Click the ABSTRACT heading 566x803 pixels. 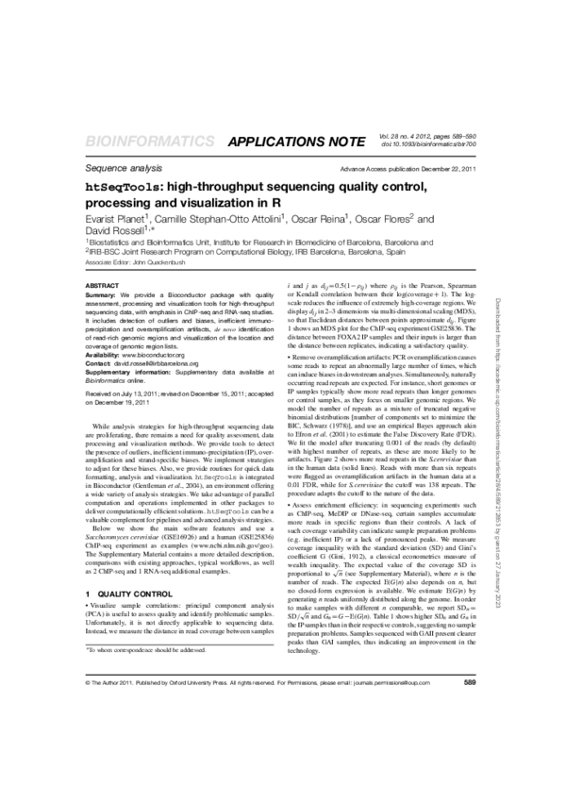(102, 284)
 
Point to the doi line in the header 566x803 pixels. (429, 144)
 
